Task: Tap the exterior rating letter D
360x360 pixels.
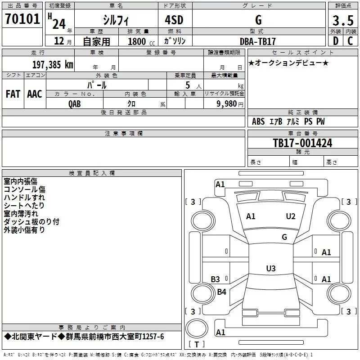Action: [335, 41]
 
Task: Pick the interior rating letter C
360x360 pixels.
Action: [350, 41]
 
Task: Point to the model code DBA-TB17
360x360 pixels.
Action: [258, 41]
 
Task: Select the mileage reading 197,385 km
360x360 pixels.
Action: [53, 64]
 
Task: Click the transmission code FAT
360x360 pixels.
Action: [13, 94]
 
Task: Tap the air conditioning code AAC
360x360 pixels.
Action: [35, 94]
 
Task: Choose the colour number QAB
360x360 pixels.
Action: [75, 103]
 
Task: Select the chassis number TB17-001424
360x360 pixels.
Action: [302, 143]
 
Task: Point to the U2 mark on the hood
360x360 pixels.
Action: [291, 216]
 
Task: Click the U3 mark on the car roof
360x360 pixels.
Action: [270, 269]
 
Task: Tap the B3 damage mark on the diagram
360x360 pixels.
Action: [216, 279]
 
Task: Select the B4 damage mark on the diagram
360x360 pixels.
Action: [221, 292]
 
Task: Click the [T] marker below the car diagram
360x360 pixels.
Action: [196, 344]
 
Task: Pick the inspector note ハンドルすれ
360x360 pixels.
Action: [24, 198]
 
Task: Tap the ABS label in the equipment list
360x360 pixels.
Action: [258, 121]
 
